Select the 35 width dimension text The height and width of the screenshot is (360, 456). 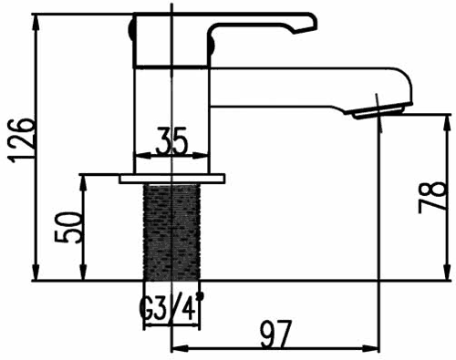171,142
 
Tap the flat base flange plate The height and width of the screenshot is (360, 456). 171,178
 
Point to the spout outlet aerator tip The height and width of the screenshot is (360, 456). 378,110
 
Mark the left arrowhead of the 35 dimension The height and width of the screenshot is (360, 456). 139,154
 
